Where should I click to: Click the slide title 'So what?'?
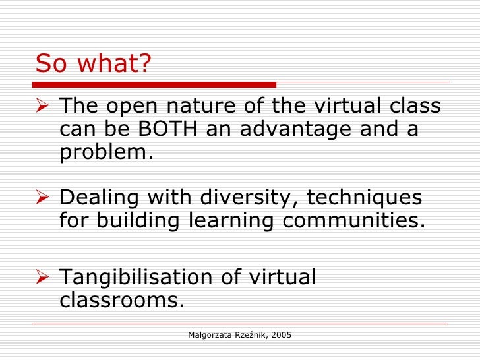[94, 64]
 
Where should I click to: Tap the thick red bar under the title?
[156, 85]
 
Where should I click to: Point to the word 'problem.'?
[106, 152]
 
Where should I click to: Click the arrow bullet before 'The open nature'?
[44, 107]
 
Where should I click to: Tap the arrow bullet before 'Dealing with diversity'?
[44, 197]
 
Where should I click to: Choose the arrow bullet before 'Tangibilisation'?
[44, 278]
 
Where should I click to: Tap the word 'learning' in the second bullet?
[226, 221]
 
